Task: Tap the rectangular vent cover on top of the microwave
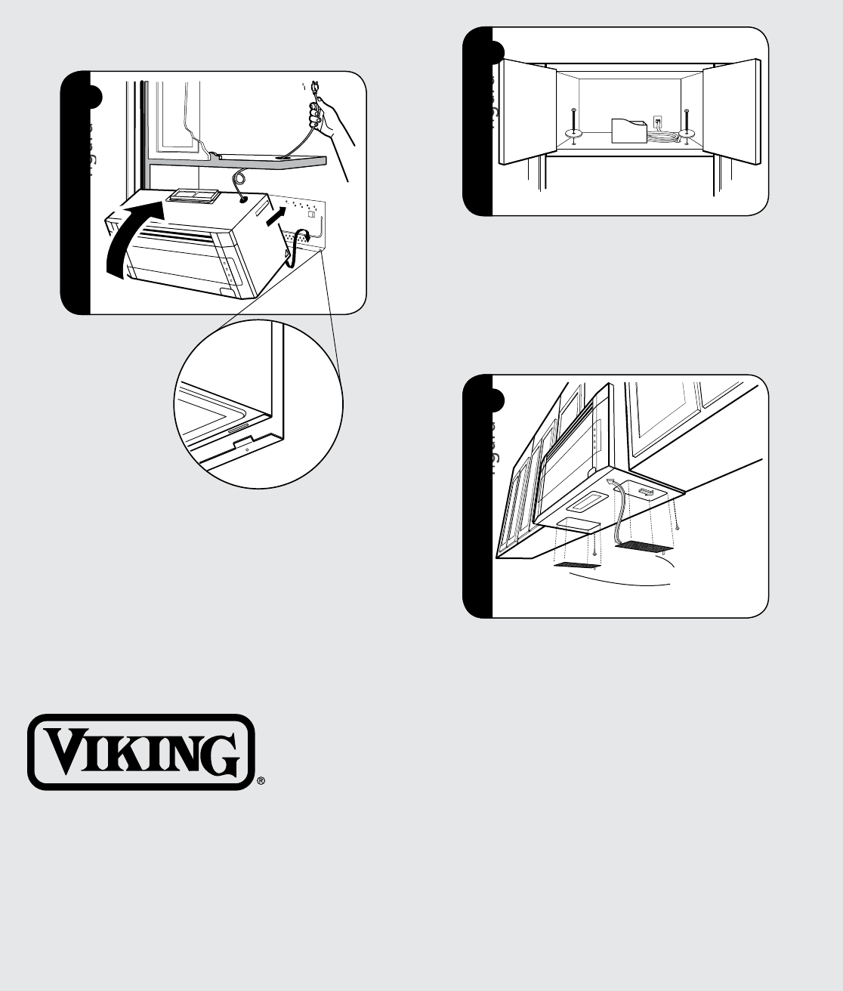tap(193, 197)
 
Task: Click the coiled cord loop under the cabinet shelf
tap(239, 178)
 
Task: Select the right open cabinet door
tap(730, 112)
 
